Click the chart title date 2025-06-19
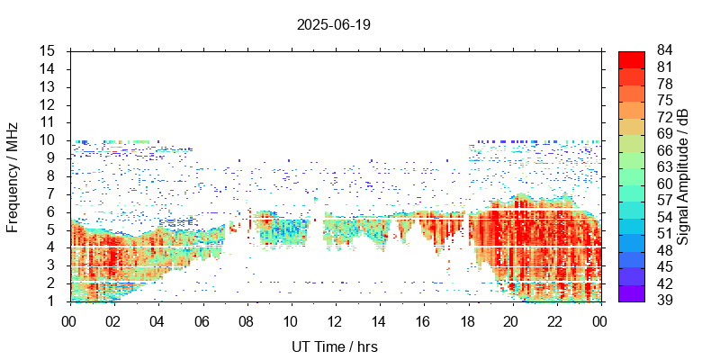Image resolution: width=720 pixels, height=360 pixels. [333, 25]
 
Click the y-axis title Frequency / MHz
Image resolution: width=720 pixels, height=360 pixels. [13, 175]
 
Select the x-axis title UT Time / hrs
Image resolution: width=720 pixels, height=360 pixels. [333, 346]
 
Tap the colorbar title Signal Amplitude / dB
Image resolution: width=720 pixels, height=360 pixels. [683, 175]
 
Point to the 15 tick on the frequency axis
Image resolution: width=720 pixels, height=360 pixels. [49, 50]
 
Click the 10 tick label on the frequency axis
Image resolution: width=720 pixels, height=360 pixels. [49, 139]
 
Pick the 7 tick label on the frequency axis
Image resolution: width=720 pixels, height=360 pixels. [52, 193]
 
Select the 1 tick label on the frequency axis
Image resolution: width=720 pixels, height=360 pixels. [52, 301]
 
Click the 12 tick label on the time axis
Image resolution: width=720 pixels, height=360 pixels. [335, 320]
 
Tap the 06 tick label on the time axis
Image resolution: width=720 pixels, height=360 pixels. [202, 320]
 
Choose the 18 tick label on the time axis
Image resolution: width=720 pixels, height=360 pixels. [467, 320]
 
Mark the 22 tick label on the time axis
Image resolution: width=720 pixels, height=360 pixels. [555, 320]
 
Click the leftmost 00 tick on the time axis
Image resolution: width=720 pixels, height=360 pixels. [69, 320]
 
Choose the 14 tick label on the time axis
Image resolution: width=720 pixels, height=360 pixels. [379, 320]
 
